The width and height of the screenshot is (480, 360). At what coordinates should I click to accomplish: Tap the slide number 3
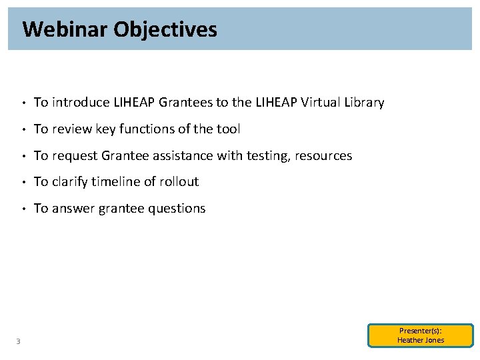tap(18, 342)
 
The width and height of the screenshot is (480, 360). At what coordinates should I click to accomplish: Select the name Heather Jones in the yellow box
tap(421, 340)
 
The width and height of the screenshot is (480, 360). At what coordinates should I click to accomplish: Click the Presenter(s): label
tap(421, 331)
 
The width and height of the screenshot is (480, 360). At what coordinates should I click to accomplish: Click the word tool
tap(228, 129)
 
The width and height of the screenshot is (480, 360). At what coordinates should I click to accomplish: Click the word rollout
tap(179, 182)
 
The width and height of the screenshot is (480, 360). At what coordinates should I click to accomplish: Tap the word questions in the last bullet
tap(179, 209)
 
